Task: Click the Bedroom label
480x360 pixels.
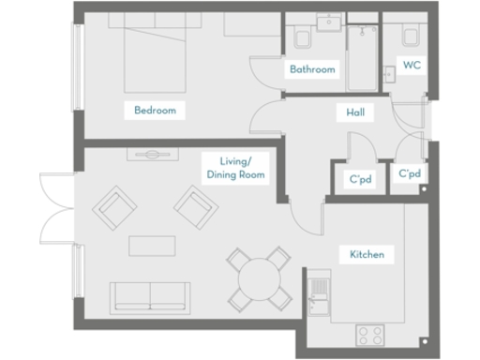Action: click(155, 111)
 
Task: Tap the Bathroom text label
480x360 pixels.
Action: click(312, 69)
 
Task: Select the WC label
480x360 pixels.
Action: click(411, 66)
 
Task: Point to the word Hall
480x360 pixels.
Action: click(355, 113)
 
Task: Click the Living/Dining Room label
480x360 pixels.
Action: click(235, 168)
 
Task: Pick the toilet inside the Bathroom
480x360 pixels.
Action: click(303, 37)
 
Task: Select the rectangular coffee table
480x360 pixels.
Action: click(153, 246)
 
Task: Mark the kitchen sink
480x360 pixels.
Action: click(319, 292)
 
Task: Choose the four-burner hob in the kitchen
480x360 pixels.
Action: click(368, 334)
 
